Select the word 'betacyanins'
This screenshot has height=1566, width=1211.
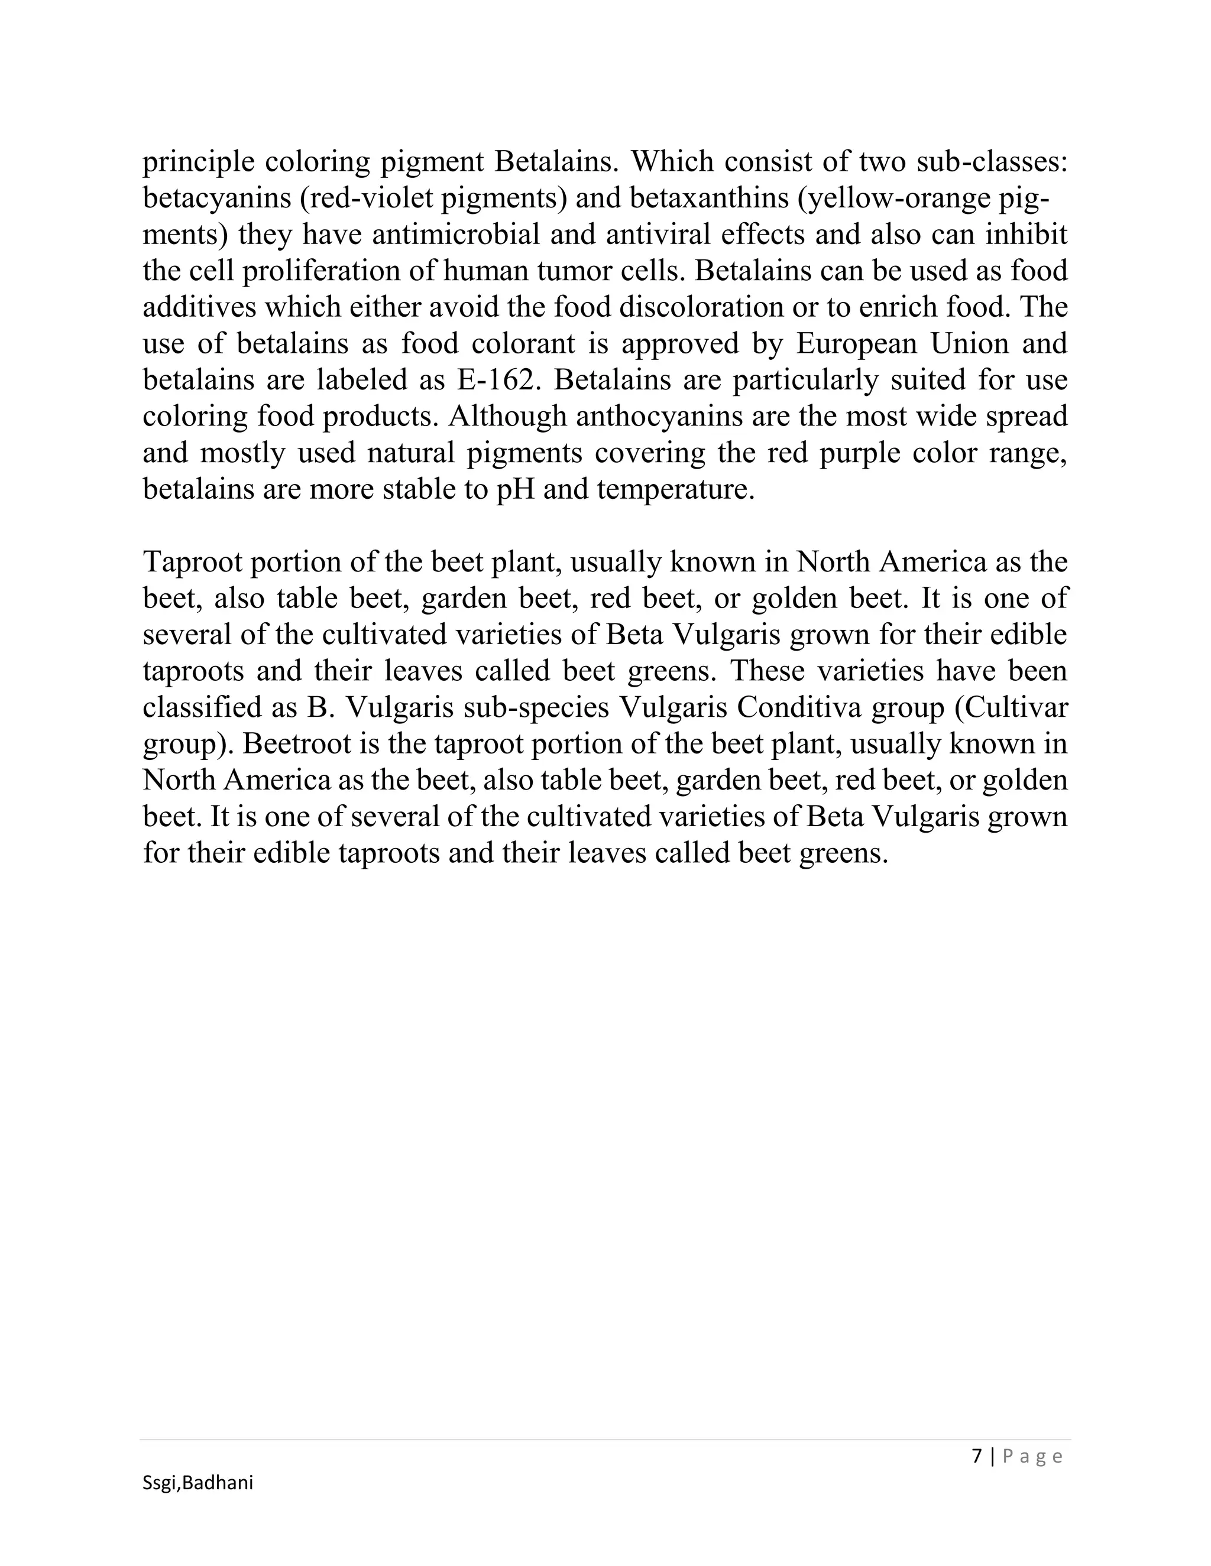pos(215,199)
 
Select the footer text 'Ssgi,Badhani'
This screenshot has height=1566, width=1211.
pos(198,1483)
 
